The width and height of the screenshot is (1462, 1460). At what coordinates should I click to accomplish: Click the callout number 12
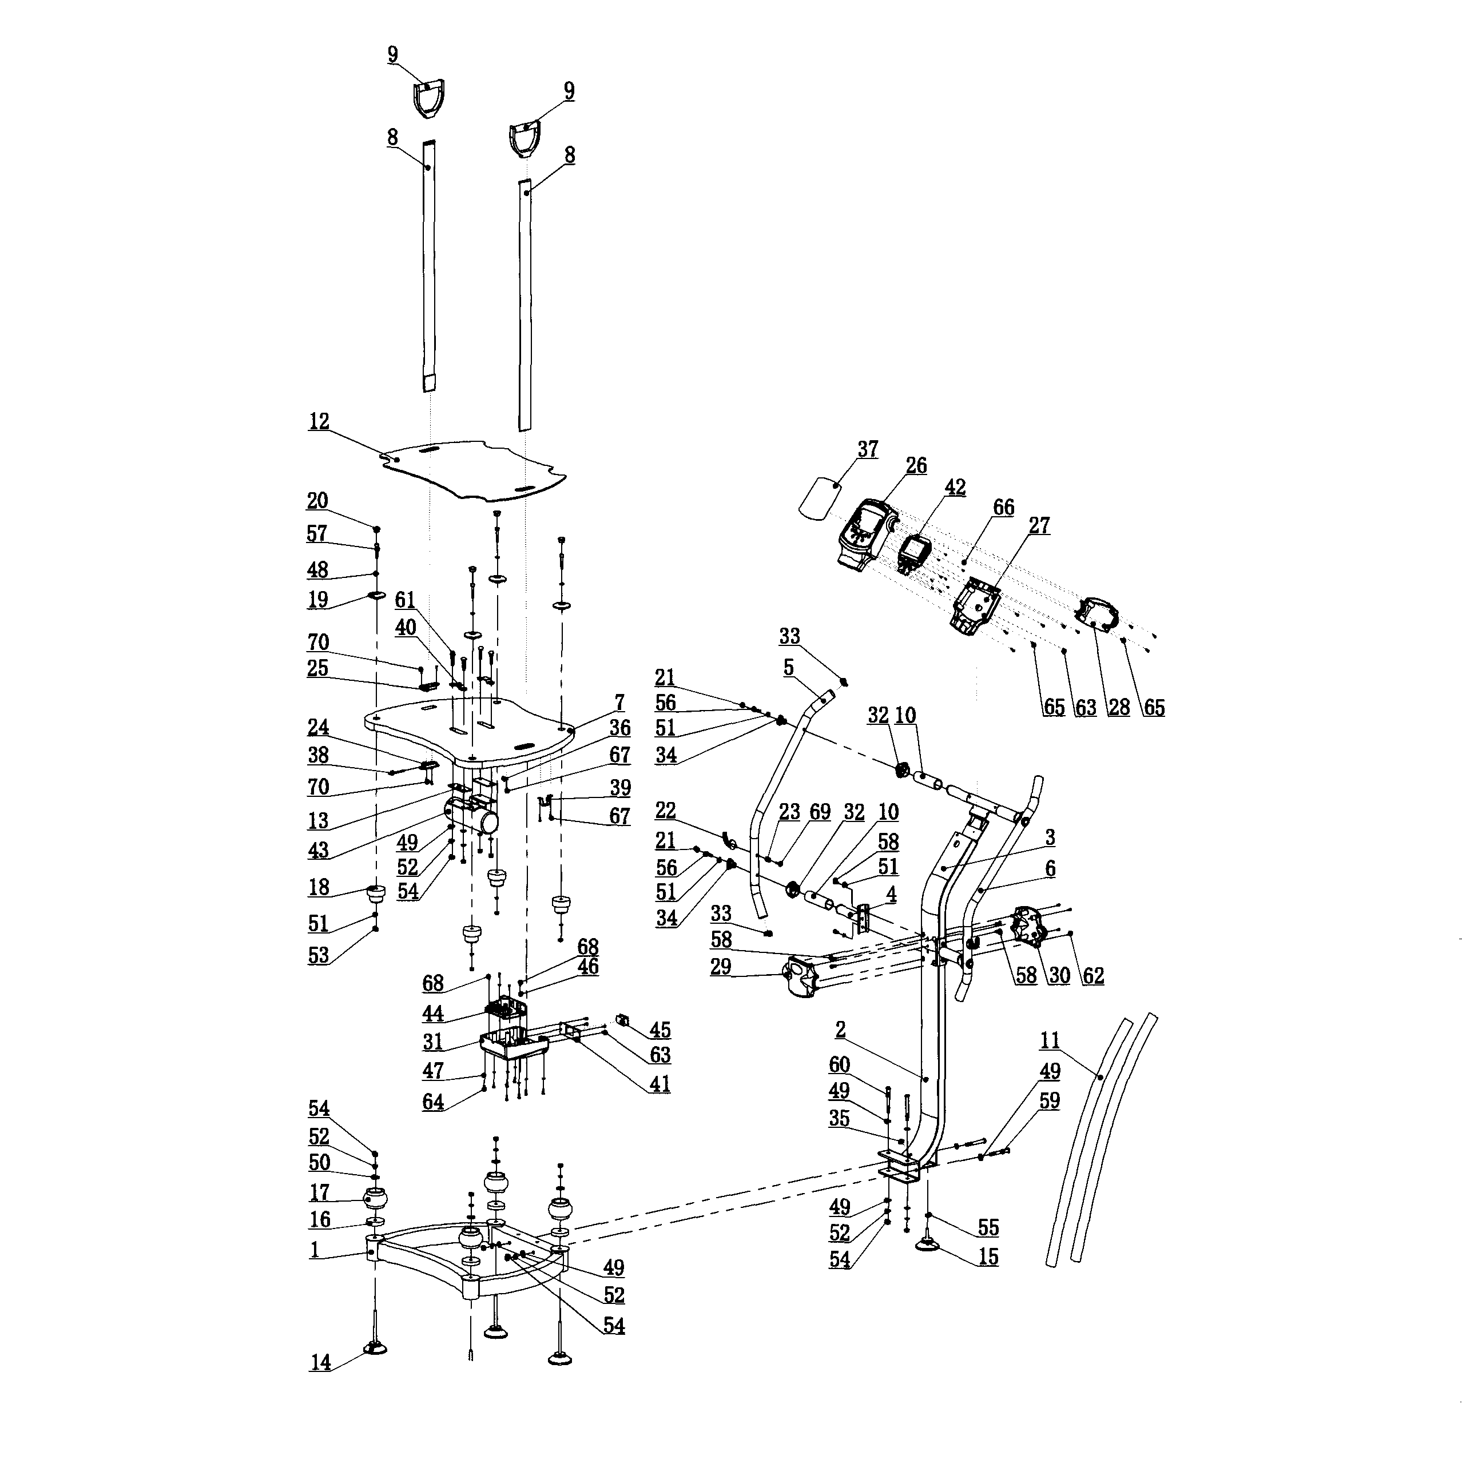tap(319, 421)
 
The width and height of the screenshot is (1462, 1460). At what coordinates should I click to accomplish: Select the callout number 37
tap(867, 449)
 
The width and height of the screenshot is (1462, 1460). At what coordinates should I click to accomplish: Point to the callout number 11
tap(1049, 1041)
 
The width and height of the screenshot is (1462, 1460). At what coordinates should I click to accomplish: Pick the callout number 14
tap(320, 1383)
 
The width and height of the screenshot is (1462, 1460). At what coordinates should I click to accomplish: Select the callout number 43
tap(319, 849)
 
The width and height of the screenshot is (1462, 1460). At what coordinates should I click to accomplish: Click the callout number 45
tap(660, 1030)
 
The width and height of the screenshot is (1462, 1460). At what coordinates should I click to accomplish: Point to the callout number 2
tap(841, 1030)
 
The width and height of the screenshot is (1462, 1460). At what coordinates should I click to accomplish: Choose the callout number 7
tap(620, 703)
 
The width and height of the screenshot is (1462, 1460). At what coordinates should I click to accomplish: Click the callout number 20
tap(317, 501)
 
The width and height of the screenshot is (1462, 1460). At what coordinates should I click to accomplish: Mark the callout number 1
tap(314, 1250)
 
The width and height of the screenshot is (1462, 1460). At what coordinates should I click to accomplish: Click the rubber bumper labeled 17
tap(376, 1199)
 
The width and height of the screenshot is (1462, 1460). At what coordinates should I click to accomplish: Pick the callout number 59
tap(1049, 1100)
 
